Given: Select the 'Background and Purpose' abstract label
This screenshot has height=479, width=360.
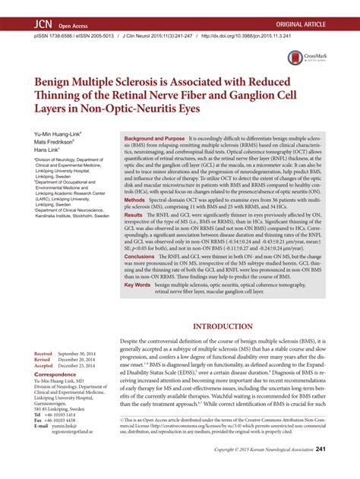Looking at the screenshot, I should point(153,140).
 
